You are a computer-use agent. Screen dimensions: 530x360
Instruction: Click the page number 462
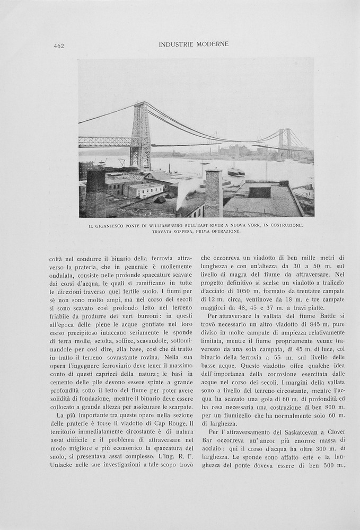click(59, 46)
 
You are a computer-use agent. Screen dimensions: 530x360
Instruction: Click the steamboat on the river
click(236, 172)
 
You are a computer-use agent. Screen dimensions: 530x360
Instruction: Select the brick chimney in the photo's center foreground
click(213, 193)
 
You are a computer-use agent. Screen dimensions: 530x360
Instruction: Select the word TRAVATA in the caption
click(164, 232)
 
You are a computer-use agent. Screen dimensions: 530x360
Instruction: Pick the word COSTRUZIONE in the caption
click(284, 226)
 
